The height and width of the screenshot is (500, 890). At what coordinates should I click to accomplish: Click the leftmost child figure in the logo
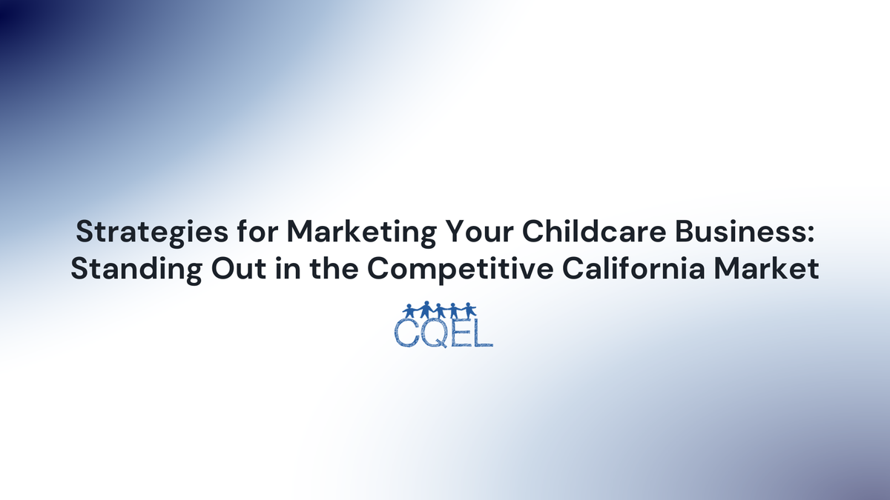(409, 310)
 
